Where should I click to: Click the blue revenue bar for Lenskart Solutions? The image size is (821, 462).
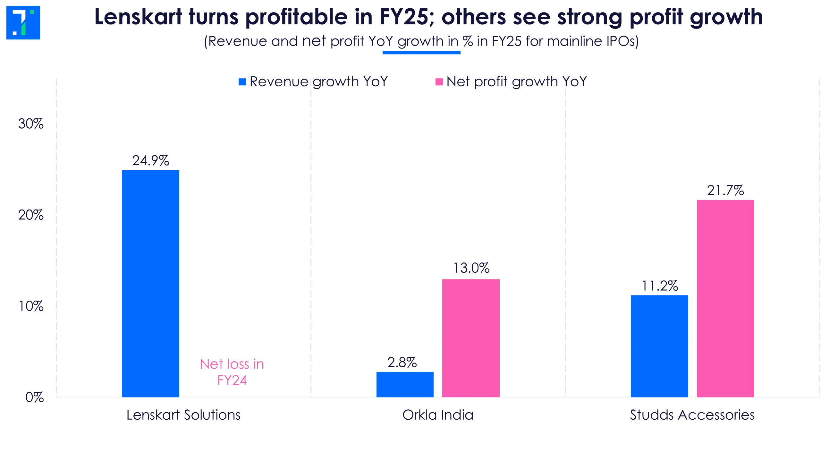150,284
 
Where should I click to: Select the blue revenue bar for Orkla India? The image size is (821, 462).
405,384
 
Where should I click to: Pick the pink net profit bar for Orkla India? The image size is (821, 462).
471,338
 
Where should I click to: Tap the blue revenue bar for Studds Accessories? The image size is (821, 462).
659,346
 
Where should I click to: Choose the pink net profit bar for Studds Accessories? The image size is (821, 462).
725,298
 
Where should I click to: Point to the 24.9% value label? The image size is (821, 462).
150,160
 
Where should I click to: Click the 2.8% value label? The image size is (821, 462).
402,363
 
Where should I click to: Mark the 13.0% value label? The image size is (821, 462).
471,268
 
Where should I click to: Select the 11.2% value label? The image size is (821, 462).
660,286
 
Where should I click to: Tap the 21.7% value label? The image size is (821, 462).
725,191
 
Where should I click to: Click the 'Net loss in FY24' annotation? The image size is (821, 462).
232,372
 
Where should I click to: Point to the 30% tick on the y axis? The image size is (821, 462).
31,124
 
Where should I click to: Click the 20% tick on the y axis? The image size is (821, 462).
31,215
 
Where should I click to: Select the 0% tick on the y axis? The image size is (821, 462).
34,398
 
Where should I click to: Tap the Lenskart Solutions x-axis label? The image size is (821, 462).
183,415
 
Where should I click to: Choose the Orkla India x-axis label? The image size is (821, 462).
438,415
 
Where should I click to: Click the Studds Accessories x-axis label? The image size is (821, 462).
692,415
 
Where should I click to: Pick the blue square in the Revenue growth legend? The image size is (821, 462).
242,82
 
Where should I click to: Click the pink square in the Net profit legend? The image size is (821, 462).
439,82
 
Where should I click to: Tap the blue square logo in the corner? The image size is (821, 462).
23,22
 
